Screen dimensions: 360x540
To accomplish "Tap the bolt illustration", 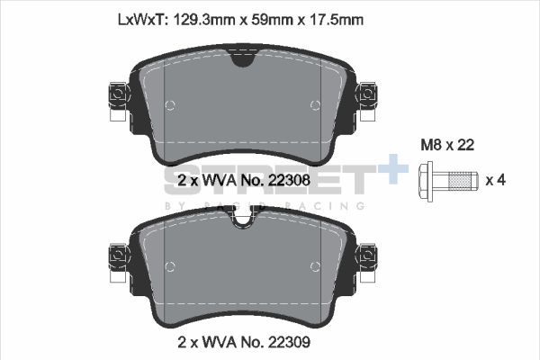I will tap(446, 182).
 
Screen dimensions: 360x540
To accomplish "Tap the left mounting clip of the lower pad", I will tap(117, 257).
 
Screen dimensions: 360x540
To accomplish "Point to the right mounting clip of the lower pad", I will tap(366, 257).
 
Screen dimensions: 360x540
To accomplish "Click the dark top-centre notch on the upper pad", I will tap(242, 58).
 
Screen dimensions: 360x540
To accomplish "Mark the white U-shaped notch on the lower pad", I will tap(242, 219).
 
